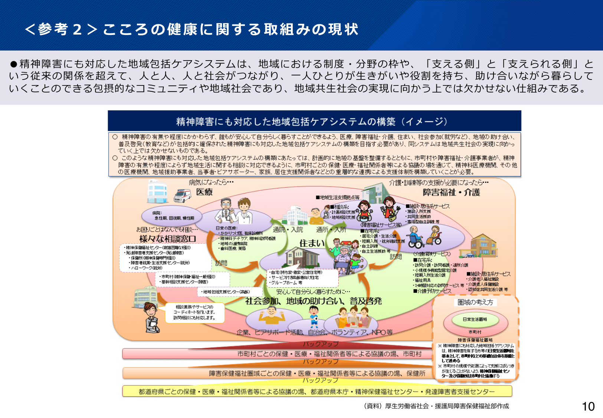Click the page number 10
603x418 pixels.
click(588, 406)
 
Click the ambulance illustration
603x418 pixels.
click(182, 195)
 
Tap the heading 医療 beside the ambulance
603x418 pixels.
click(204, 192)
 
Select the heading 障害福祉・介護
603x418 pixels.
click(451, 192)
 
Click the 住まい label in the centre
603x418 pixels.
click(312, 243)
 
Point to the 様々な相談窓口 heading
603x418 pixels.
click(167, 239)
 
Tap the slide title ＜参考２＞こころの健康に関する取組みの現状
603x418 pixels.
click(191, 29)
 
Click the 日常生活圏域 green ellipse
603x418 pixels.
click(475, 320)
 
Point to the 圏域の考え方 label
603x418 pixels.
click(475, 302)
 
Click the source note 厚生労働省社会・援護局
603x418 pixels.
click(436, 406)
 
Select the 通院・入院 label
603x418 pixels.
click(288, 230)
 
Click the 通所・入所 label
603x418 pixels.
click(331, 230)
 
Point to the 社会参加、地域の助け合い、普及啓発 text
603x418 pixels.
click(314, 301)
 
